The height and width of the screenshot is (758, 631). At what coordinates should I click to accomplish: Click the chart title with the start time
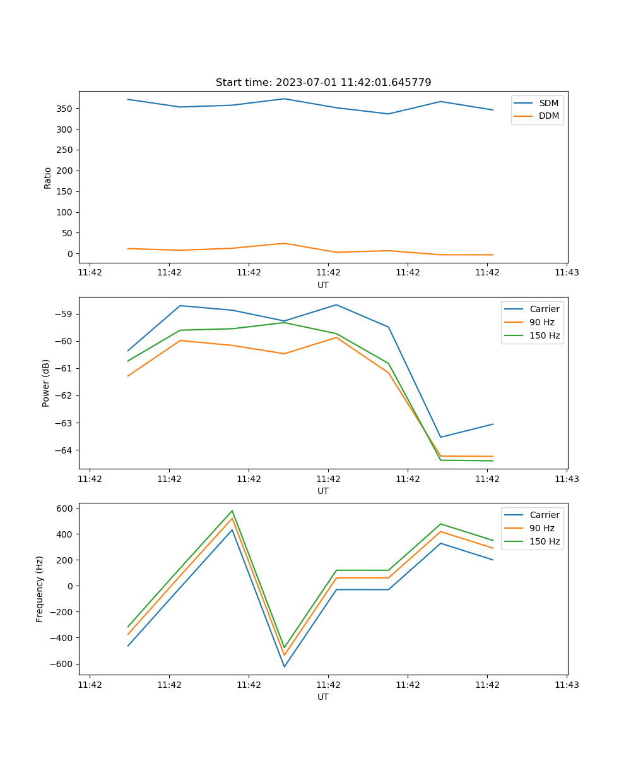coord(323,83)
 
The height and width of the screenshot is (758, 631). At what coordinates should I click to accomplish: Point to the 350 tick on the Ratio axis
coord(65,109)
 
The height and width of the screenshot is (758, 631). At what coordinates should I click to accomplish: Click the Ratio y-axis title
coord(48,177)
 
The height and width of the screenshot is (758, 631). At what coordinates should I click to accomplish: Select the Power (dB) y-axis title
coord(46,383)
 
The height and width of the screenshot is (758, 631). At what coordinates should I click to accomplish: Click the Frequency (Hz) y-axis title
coord(40,589)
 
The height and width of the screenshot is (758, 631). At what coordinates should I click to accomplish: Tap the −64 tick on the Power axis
coord(64,450)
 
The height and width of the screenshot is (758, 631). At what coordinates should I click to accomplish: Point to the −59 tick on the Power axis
coord(64,314)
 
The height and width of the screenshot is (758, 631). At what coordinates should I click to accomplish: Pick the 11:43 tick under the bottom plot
coord(567,685)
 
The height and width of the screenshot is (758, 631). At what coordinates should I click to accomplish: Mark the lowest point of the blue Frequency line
coord(285,666)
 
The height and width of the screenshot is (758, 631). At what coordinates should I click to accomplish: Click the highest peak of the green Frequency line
coord(232,511)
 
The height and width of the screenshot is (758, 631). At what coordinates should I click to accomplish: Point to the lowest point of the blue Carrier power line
coord(440,437)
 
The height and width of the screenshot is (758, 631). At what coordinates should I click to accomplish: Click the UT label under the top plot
coord(323,285)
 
